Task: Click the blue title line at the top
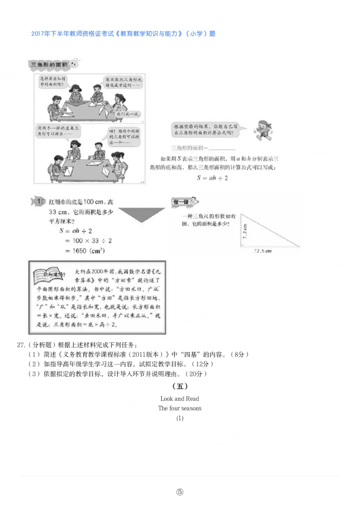coord(123,34)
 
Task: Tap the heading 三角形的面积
coord(49,66)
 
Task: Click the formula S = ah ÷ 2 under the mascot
coord(212,178)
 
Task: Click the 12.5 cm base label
coord(263,251)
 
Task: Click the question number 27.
coord(20,345)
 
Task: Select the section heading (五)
coord(180,386)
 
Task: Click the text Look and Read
coord(180,398)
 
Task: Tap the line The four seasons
coord(180,408)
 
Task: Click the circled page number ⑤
coord(180,491)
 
